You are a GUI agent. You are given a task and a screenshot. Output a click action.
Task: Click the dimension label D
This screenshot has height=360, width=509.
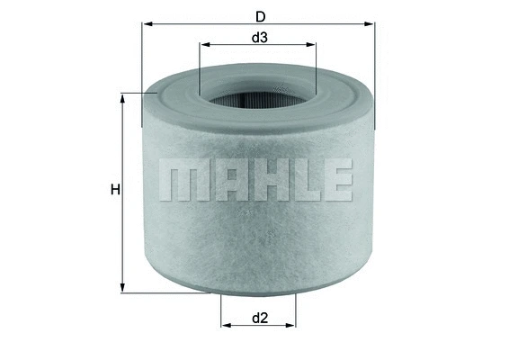coord(260,15)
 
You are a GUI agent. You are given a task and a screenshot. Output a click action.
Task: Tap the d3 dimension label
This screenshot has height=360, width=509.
coord(259,38)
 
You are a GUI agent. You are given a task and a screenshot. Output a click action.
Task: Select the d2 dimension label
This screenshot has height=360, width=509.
coord(259,317)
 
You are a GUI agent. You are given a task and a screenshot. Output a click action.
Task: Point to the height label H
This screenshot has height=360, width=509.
coord(114,190)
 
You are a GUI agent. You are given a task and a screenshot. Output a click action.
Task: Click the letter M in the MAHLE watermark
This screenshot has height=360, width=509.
coord(180,181)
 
